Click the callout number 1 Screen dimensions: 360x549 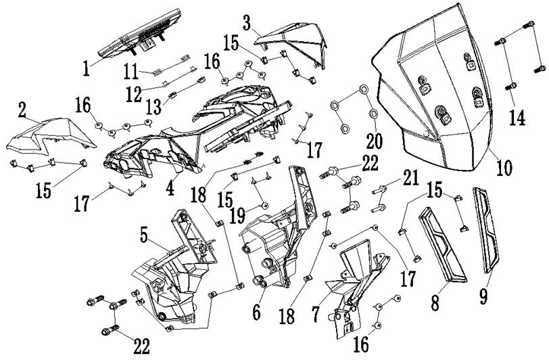coord(86,68)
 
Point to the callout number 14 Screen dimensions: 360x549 coord(517,117)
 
